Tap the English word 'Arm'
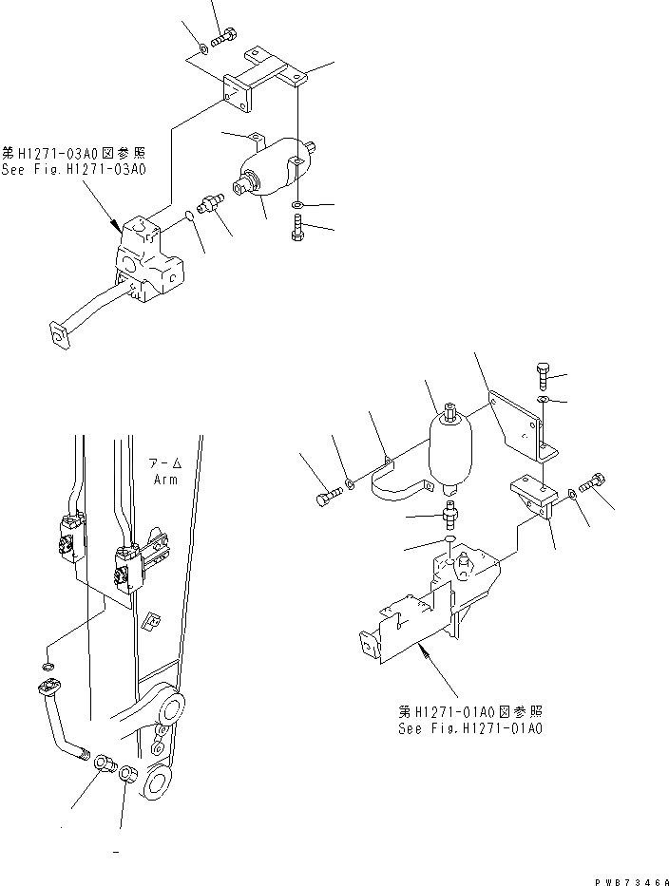(x=166, y=479)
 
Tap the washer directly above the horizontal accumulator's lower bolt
(x=297, y=204)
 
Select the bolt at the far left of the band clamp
(x=325, y=495)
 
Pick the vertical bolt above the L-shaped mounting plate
(x=543, y=374)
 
